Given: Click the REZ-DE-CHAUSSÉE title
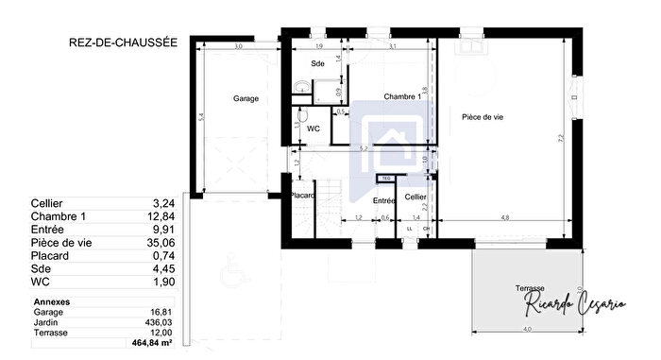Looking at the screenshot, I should tap(122, 43).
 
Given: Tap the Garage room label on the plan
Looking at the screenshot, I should tap(246, 98).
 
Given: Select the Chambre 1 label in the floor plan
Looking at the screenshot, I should tap(401, 97).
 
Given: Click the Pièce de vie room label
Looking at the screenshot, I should tap(482, 117).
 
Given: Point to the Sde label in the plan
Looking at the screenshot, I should tap(318, 63).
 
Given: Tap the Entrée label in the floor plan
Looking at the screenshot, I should tap(383, 200).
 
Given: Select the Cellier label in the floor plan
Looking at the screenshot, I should tap(415, 197).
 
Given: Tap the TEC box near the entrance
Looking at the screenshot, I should tap(385, 179).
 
